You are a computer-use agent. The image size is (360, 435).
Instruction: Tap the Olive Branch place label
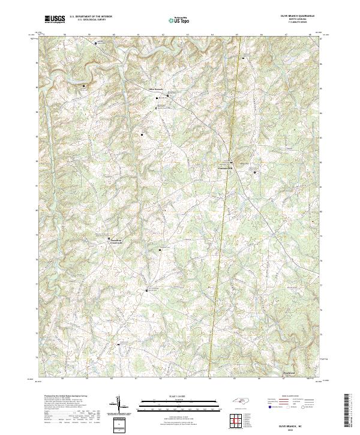pos(155,89)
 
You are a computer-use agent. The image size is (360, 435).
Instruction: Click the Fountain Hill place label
pos(224,167)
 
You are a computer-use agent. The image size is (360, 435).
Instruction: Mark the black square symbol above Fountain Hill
pos(231,161)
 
